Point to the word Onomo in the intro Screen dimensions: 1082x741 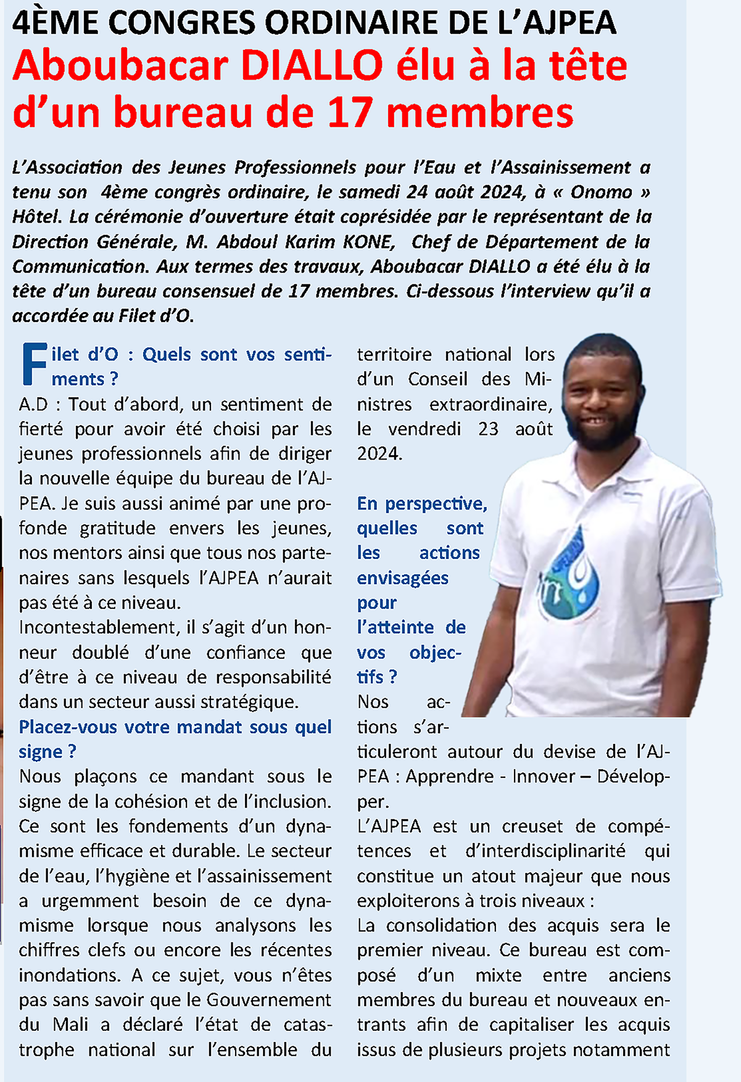point(601,192)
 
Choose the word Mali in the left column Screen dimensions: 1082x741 point(70,1025)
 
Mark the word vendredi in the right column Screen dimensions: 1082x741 point(424,429)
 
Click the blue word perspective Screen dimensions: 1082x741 point(436,504)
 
